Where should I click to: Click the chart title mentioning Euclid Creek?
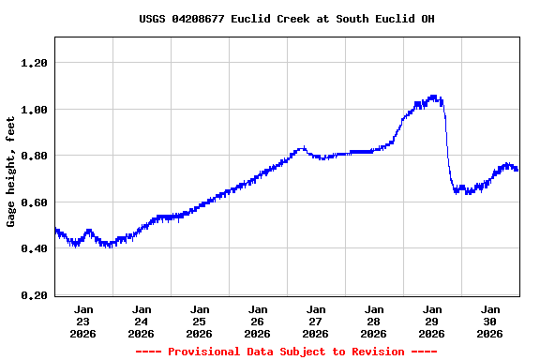(x=286, y=19)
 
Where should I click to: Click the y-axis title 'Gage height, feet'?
(x=11, y=172)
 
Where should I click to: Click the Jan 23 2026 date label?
(x=83, y=321)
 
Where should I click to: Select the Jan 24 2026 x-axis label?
(x=142, y=321)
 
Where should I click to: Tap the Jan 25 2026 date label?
(x=200, y=321)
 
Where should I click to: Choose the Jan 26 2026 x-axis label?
(x=258, y=321)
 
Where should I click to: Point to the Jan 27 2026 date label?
(x=316, y=321)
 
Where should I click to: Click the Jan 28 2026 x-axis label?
(x=374, y=321)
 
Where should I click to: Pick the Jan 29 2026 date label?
(x=432, y=321)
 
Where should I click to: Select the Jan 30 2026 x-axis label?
(x=490, y=321)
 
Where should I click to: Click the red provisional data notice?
(x=286, y=352)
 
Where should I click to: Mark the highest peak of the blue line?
(x=432, y=97)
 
